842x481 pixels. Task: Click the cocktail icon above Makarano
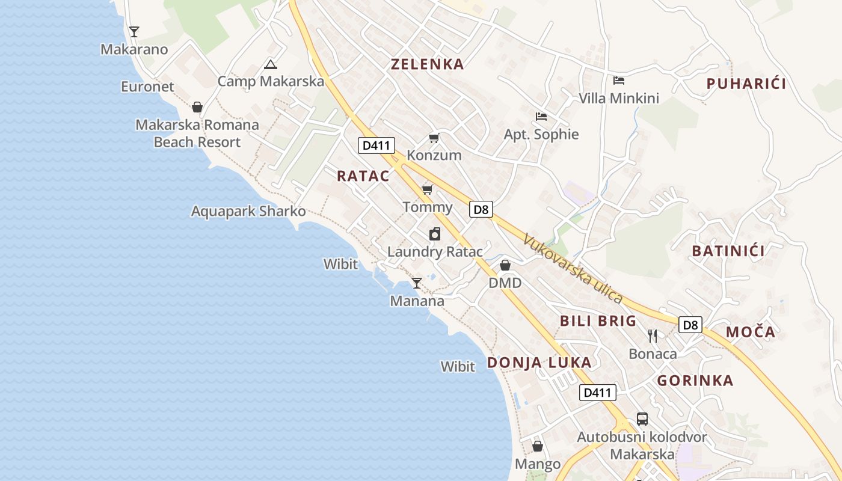(x=134, y=32)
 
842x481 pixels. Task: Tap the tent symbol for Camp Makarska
(x=271, y=64)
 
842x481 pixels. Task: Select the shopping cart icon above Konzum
(x=434, y=138)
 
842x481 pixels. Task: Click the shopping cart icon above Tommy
(x=428, y=190)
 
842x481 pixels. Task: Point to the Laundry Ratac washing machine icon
(x=435, y=234)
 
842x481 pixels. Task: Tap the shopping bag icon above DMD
(x=505, y=265)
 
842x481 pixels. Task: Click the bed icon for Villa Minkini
(x=619, y=81)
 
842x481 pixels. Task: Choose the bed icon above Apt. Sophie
(x=541, y=117)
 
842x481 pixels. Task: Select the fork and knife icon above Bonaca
(x=653, y=335)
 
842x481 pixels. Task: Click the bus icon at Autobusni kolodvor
(x=642, y=419)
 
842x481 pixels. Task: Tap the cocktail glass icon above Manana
(x=417, y=283)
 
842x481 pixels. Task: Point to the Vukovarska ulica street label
(x=573, y=268)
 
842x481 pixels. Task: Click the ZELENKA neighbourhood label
(x=428, y=64)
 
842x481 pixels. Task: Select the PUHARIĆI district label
(x=746, y=84)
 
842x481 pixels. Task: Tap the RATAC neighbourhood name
(x=363, y=176)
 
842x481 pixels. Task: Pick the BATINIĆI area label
(x=728, y=251)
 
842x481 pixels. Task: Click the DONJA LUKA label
(x=539, y=363)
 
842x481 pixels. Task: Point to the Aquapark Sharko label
(x=248, y=212)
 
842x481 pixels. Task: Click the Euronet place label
(x=147, y=87)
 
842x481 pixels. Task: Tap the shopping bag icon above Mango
(x=538, y=446)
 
